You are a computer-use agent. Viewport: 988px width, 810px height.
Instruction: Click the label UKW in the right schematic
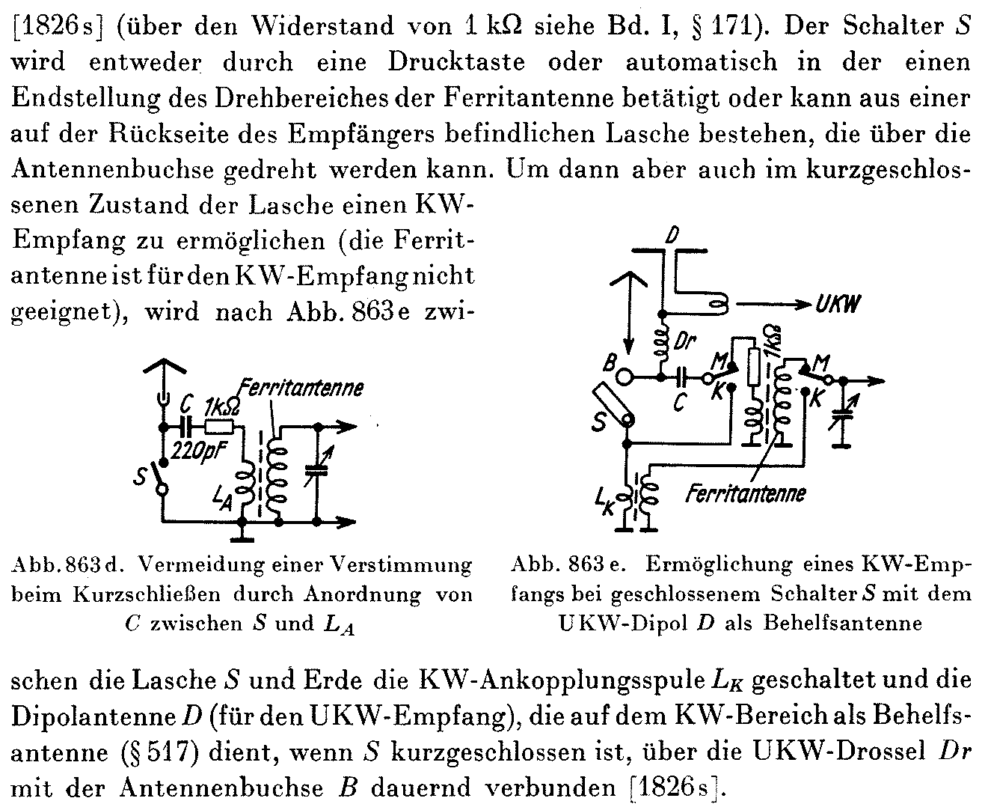pyautogui.click(x=838, y=303)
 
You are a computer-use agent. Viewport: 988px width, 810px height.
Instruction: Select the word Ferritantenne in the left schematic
pyautogui.click(x=301, y=388)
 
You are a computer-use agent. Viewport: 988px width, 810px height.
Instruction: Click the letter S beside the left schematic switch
pyautogui.click(x=141, y=477)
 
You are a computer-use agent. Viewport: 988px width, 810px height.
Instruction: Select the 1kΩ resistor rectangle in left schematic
pyautogui.click(x=220, y=427)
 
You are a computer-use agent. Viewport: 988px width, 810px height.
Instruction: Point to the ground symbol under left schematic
pyautogui.click(x=242, y=536)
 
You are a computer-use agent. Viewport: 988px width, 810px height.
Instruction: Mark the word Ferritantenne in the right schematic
pyautogui.click(x=746, y=493)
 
